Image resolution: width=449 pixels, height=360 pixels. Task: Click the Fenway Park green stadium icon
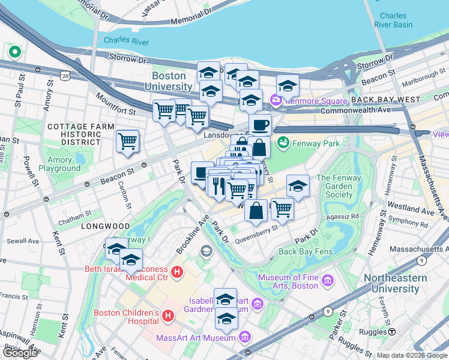click(x=283, y=143)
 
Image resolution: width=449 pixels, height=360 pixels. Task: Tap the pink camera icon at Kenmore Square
click(x=277, y=100)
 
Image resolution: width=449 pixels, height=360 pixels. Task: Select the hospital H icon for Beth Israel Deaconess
click(x=177, y=272)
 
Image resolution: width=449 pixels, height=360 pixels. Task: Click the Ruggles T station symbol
click(x=391, y=331)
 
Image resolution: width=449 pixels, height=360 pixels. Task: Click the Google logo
click(x=20, y=353)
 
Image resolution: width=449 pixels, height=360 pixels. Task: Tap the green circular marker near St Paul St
click(x=13, y=52)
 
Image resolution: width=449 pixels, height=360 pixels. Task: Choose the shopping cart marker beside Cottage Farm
click(x=127, y=141)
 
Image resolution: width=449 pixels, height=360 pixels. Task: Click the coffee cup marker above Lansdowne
click(x=260, y=125)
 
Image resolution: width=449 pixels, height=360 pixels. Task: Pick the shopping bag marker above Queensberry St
click(x=256, y=210)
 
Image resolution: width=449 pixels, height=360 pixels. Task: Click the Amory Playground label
click(x=56, y=164)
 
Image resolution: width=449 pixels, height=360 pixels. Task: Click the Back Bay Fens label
click(x=306, y=251)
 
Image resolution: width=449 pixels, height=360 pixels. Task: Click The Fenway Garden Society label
click(x=343, y=186)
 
